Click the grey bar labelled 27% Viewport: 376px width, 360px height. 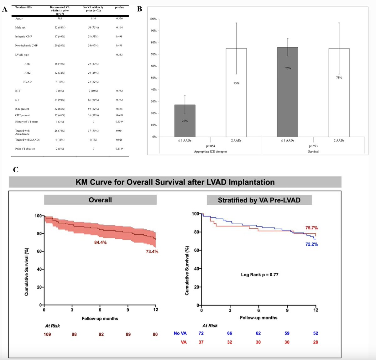coord(185,121)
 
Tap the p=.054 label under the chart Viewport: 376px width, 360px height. coord(210,146)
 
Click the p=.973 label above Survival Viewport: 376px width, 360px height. coord(313,146)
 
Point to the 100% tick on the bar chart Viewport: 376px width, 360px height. coord(153,19)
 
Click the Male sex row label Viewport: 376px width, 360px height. coord(20,28)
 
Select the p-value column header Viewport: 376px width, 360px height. coord(119,7)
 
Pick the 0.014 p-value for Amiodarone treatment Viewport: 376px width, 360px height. coord(119,131)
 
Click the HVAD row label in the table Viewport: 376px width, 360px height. coord(27,82)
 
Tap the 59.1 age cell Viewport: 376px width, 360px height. coord(60,18)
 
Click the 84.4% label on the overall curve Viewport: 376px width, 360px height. coord(100,242)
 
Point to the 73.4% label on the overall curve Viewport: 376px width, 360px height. coord(152,251)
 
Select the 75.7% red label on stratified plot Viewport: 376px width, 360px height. coord(311,228)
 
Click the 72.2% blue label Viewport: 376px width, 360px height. coord(311,244)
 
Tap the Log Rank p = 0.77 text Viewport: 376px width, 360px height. coord(259,274)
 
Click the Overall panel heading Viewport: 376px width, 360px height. coord(100,200)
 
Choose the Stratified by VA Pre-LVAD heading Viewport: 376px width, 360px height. coord(259,200)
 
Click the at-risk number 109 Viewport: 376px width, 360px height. coord(47,334)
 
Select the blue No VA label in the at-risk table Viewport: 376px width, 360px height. coord(180,333)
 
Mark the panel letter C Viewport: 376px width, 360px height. coord(16,170)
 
